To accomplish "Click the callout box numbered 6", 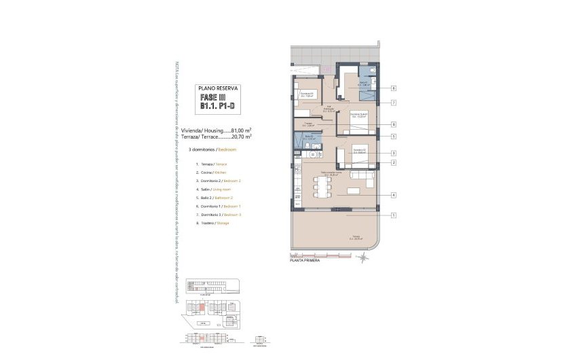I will [394, 88].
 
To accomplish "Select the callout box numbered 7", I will [394, 103].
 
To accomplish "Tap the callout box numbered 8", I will [394, 124].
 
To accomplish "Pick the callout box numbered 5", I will [394, 137].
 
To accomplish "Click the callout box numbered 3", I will [394, 154].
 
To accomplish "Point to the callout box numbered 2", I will [394, 162].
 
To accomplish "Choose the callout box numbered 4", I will [394, 196].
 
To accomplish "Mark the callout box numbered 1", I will [394, 215].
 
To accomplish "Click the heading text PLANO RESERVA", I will [217, 88].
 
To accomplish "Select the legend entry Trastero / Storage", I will [213, 222].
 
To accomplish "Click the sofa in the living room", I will [361, 179].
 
